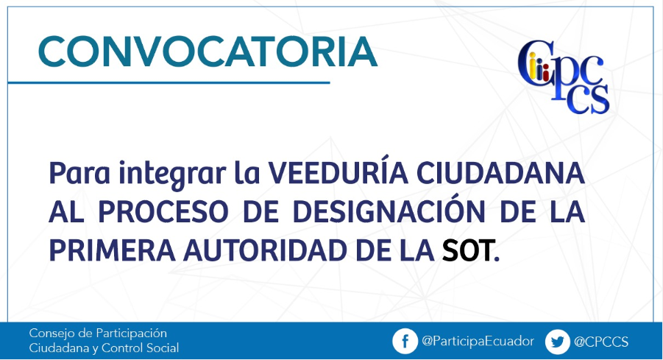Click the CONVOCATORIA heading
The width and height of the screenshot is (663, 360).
coord(208,52)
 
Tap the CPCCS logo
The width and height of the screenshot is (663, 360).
coord(564,77)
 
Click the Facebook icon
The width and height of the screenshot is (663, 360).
coord(405,341)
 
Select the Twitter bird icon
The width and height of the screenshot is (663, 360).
coord(558,342)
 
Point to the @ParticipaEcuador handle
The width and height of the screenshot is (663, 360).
coord(478,342)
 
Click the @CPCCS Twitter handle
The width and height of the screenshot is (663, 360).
coord(601,342)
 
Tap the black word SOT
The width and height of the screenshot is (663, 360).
coord(467,250)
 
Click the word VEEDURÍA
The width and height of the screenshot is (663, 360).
coord(338,173)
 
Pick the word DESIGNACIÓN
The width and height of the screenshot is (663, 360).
coord(389,211)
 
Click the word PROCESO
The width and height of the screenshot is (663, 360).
coord(163,211)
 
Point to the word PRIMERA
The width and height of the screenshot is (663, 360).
coord(112,250)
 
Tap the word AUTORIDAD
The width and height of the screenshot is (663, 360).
coord(265,250)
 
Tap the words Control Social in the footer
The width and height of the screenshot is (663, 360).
coord(140,347)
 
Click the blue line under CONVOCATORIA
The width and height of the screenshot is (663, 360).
coord(169,82)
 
